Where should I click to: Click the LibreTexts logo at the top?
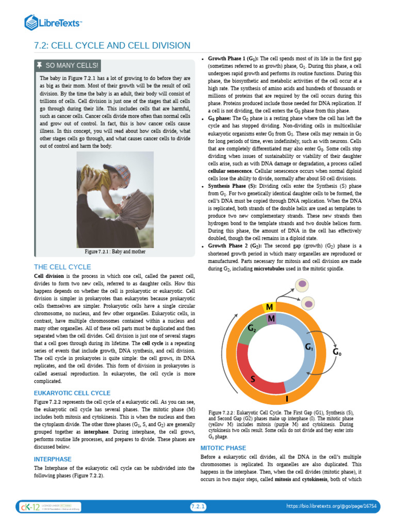tap(54, 22)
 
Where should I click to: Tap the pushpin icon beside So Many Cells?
tap(40, 65)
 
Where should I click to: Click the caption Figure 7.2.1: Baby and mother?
tap(115, 252)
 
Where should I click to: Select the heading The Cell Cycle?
tap(62, 267)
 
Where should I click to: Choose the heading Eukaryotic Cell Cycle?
tap(72, 393)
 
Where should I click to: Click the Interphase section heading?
tap(53, 459)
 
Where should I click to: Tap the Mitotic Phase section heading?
tap(223, 448)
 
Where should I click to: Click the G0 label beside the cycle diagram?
tap(338, 352)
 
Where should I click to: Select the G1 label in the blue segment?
tap(309, 347)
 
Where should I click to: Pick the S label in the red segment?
tap(253, 380)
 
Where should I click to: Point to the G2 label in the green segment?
tap(252, 328)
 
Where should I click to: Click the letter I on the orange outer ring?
tap(287, 398)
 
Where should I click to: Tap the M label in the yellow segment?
tap(269, 308)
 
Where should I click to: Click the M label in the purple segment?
tap(271, 319)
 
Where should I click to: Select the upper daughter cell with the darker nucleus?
tap(303, 284)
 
